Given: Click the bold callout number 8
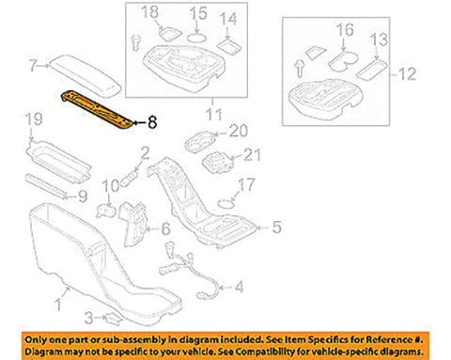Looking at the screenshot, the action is click(x=152, y=122).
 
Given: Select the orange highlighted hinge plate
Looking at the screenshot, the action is click(x=97, y=110).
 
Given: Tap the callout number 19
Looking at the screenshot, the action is click(x=34, y=119).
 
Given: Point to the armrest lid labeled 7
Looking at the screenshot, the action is click(x=86, y=76).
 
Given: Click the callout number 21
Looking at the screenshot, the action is click(x=252, y=155).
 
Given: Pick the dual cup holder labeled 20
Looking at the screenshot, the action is click(x=199, y=143).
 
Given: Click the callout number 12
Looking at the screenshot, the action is click(x=407, y=74).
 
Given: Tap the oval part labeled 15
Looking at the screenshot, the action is click(x=197, y=39).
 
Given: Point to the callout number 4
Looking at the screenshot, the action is click(x=240, y=287).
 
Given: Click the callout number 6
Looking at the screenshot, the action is click(x=165, y=228).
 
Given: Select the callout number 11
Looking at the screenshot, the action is click(x=214, y=115).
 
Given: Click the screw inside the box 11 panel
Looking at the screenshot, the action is click(x=135, y=43).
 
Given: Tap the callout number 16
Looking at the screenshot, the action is click(x=345, y=30).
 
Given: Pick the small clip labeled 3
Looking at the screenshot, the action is click(x=112, y=319).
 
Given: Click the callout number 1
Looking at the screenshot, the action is click(x=58, y=305).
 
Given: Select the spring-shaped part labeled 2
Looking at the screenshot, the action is click(x=131, y=178).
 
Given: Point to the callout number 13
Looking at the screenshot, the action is click(x=379, y=39).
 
